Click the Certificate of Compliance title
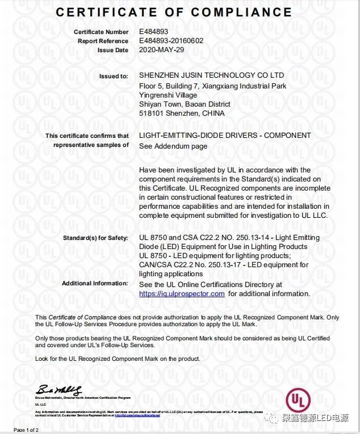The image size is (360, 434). click(x=174, y=12)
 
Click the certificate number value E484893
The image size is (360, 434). click(x=153, y=32)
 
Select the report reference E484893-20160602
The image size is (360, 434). click(x=170, y=41)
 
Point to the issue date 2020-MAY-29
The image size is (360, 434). click(x=162, y=50)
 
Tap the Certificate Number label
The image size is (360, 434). click(x=101, y=32)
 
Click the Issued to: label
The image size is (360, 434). click(x=114, y=76)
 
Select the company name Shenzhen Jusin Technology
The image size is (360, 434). click(x=211, y=75)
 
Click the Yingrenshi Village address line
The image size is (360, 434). click(x=168, y=95)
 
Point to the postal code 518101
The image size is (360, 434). click(x=150, y=113)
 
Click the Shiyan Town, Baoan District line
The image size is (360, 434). click(x=185, y=104)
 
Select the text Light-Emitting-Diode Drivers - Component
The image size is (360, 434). click(x=225, y=136)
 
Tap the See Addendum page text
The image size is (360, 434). click(x=173, y=146)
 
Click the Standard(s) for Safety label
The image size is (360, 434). click(x=96, y=238)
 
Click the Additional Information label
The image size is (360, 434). click(x=95, y=283)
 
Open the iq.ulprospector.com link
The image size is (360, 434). click(x=182, y=294)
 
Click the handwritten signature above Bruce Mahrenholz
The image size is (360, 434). click(x=59, y=390)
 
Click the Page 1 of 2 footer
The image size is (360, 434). click(x=26, y=430)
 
